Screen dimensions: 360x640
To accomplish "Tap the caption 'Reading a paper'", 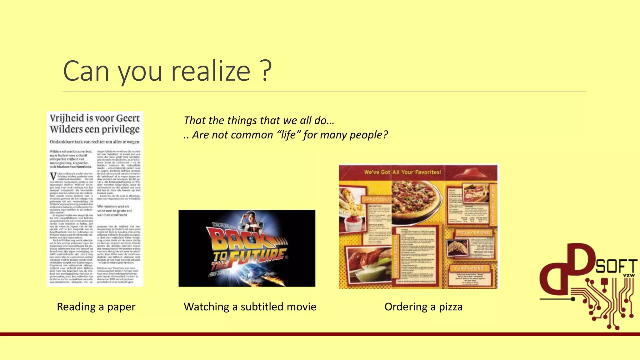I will [96, 307].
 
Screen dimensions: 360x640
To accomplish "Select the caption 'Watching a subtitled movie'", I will [250, 307].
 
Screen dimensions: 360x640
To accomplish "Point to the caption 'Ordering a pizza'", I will [423, 307].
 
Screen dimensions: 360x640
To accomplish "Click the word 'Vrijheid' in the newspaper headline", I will [67, 118].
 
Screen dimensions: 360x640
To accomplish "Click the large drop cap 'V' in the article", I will [53, 177].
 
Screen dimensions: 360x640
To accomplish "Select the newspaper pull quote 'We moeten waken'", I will [113, 206].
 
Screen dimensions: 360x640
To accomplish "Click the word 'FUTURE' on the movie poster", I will [256, 256].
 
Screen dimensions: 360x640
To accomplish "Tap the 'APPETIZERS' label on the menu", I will [377, 199].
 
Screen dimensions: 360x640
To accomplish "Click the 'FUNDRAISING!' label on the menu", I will [469, 268].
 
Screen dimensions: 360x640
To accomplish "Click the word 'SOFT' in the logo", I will [616, 267].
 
